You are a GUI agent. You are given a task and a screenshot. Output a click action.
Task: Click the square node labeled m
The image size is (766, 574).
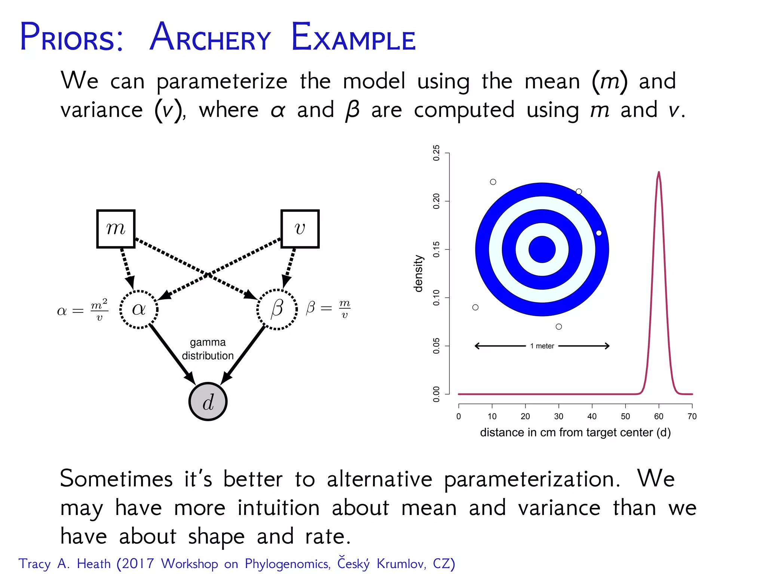point(116,229)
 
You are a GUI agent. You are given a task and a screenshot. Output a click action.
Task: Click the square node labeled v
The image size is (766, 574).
point(300,229)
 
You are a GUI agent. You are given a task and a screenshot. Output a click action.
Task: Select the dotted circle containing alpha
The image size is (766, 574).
point(139,309)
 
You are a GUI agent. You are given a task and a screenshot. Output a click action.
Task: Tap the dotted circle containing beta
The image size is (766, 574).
point(277,309)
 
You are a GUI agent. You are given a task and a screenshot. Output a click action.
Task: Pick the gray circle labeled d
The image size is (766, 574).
point(208,402)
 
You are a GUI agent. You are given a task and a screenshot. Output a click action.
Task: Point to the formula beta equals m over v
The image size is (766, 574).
point(328,309)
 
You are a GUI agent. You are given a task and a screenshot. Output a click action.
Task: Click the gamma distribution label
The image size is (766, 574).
point(208,349)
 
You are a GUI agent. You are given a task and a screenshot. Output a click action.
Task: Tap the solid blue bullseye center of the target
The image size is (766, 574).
point(542,249)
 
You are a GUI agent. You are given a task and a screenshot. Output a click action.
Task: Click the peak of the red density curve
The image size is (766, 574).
point(659,172)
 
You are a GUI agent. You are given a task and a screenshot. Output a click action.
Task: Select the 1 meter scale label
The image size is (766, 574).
point(542,346)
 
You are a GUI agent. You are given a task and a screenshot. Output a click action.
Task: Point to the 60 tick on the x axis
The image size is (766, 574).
point(659,416)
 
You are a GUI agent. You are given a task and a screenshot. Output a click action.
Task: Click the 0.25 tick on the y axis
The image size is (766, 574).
point(436,153)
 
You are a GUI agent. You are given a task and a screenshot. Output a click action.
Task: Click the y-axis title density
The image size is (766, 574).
point(419,274)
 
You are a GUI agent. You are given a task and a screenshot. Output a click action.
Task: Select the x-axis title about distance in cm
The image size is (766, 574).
point(575,432)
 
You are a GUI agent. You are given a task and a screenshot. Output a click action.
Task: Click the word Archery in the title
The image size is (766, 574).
point(210,38)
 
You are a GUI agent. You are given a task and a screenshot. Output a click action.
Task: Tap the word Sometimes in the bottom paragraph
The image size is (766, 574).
point(116,479)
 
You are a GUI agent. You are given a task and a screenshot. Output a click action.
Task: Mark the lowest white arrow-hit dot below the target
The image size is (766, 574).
point(559,327)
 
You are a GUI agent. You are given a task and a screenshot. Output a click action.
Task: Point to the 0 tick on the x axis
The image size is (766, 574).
point(459,416)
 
